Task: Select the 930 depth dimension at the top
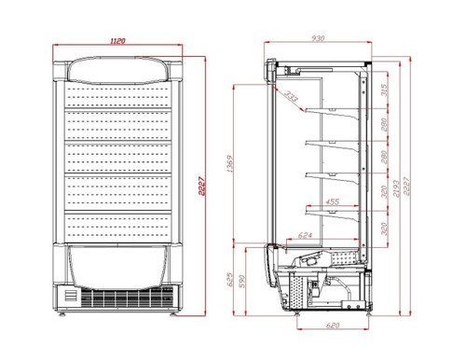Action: pyautogui.click(x=319, y=39)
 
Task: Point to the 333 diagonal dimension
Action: pyautogui.click(x=293, y=97)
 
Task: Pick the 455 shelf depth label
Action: pyautogui.click(x=331, y=202)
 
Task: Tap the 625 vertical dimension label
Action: pyautogui.click(x=232, y=278)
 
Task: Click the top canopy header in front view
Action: pyautogui.click(x=118, y=69)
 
